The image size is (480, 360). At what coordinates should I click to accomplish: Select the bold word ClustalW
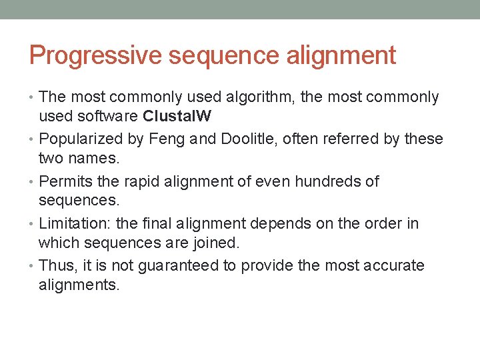click(177, 117)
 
